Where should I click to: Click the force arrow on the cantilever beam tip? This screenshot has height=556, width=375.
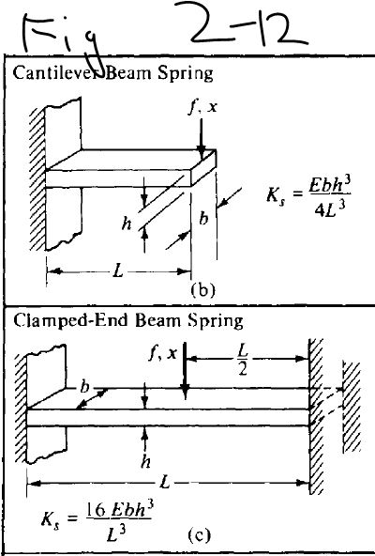tap(203, 134)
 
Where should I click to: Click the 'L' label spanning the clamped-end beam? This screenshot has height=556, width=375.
tap(165, 483)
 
